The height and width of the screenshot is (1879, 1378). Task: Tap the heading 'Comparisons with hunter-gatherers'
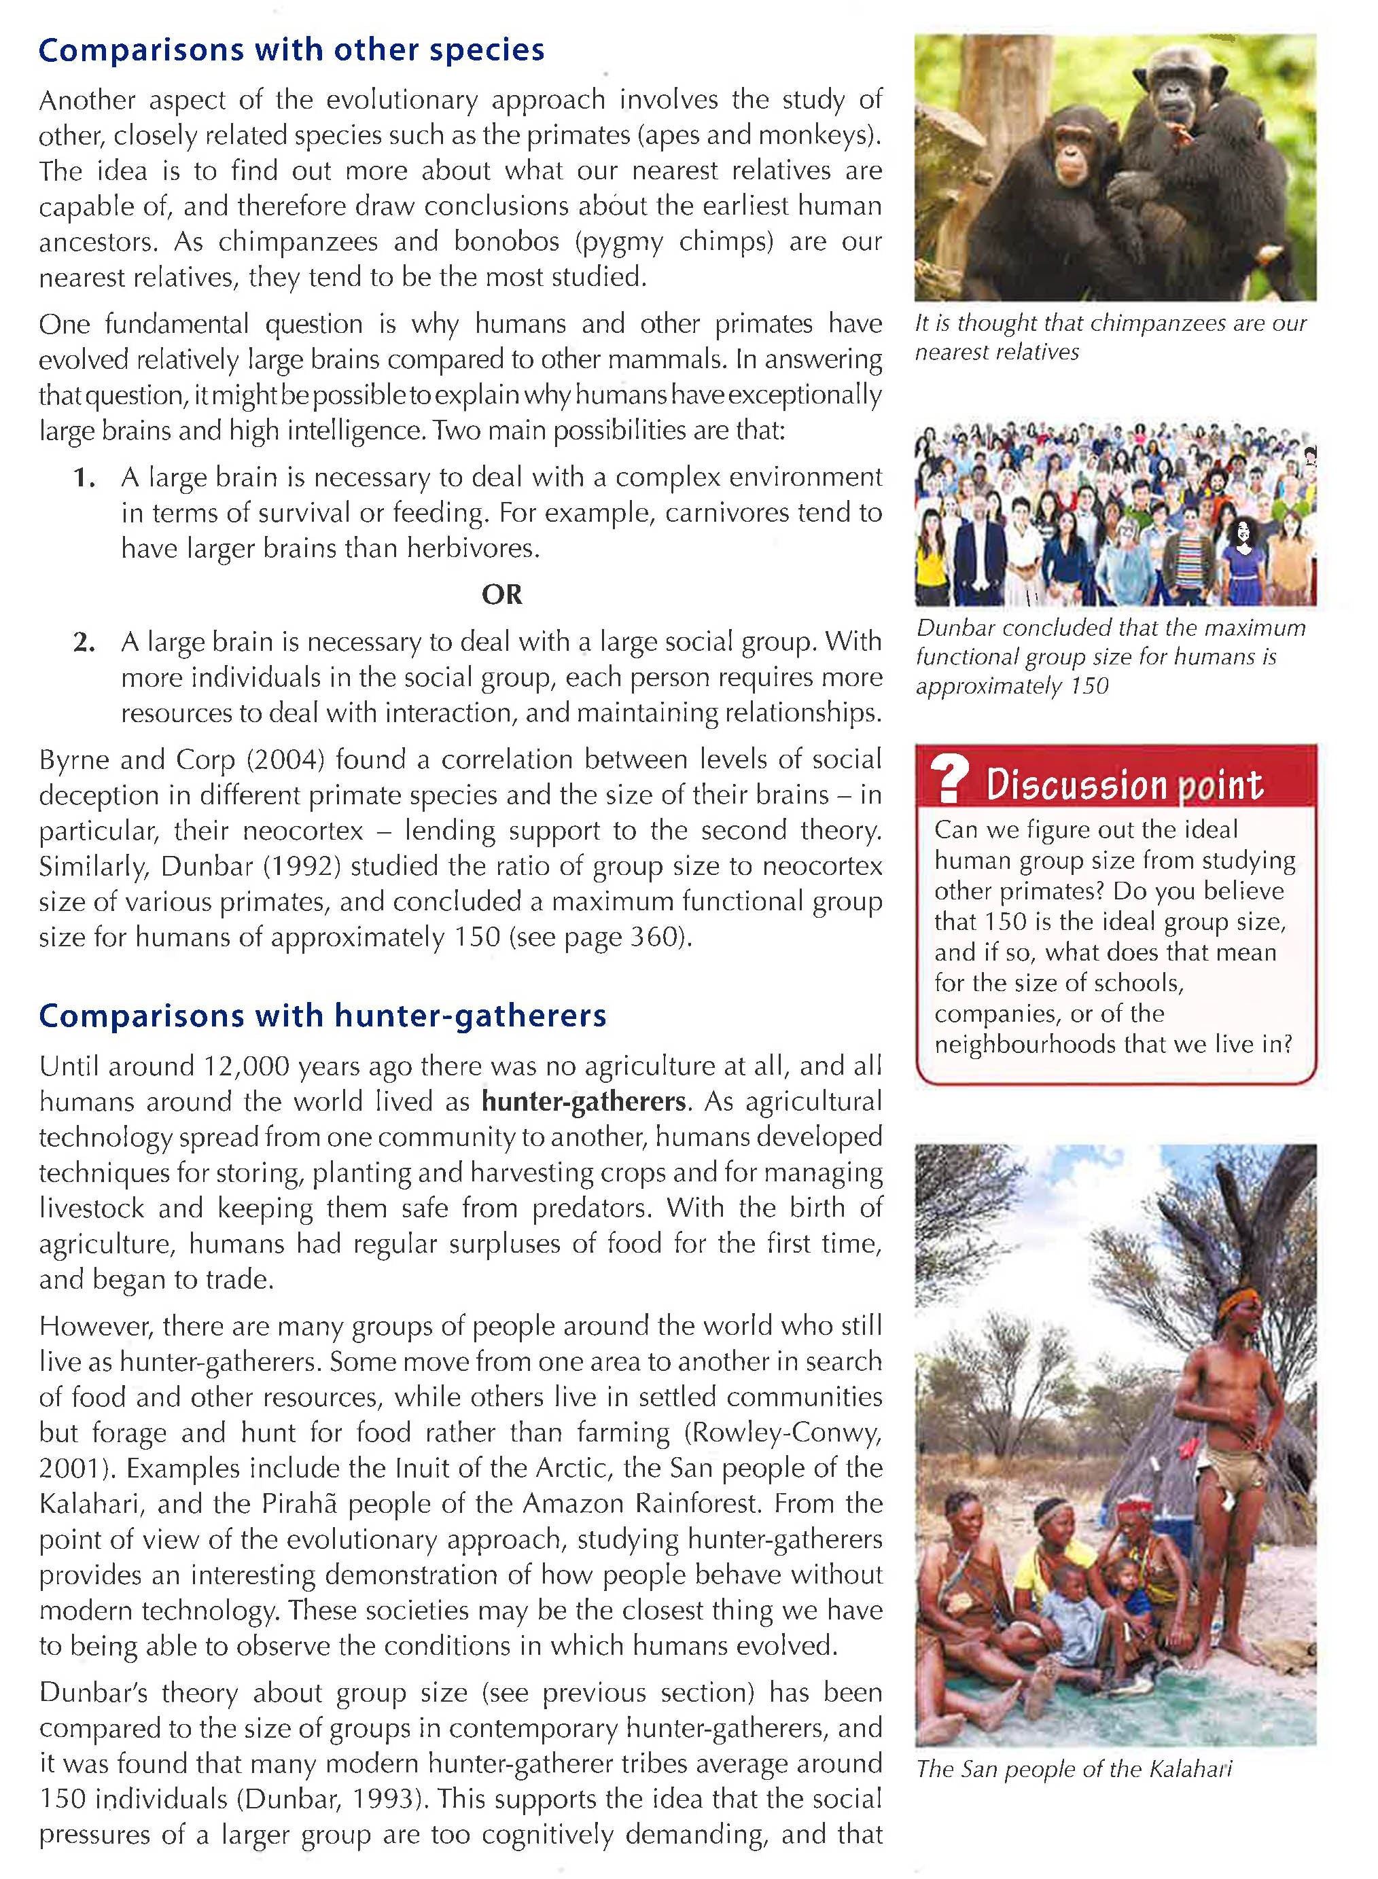(322, 1016)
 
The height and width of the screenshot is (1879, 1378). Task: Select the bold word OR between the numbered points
(501, 594)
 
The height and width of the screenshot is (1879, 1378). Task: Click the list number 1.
(84, 478)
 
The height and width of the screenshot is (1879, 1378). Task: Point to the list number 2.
(84, 642)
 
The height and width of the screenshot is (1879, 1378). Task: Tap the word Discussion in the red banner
(1076, 785)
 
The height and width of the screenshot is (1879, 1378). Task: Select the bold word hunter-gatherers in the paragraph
(583, 1102)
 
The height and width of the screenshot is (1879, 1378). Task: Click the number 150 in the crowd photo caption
(1090, 686)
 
